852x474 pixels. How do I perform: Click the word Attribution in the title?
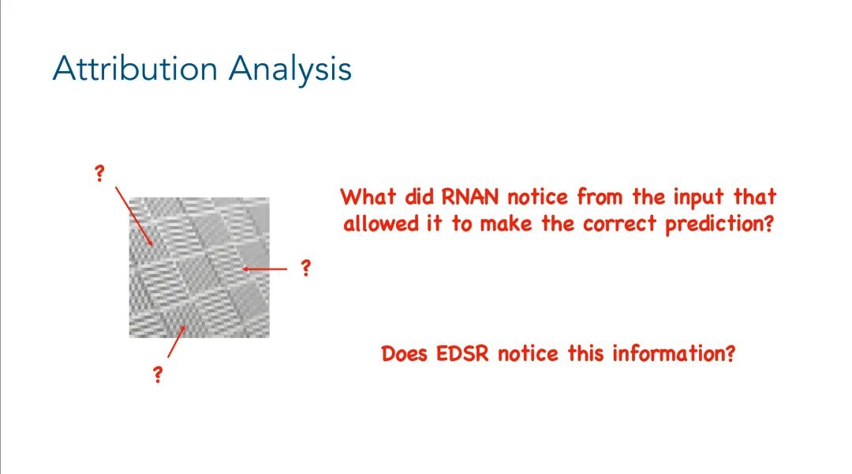136,69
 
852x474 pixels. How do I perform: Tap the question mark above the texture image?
99,174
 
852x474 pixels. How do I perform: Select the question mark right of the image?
306,267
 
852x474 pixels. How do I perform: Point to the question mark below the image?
158,374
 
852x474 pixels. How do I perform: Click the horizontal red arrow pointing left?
264,269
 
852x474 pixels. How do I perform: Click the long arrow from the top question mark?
133,216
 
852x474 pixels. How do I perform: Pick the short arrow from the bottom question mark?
177,341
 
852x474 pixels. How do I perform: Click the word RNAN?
469,197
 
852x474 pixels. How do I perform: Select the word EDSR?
461,354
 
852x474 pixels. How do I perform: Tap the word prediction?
719,224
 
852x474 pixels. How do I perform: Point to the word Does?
405,354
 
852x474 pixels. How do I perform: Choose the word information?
674,354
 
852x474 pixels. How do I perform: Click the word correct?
619,224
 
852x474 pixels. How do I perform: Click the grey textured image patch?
200,268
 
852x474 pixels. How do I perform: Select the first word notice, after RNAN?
537,197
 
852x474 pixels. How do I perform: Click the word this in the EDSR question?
585,354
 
